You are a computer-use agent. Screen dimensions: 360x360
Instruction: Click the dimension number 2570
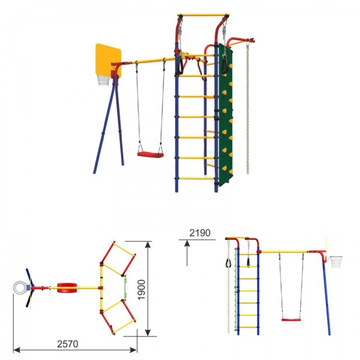tap(67, 344)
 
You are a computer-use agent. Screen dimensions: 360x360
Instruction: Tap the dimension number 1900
tap(142, 290)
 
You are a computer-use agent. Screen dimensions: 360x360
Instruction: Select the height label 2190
tap(200, 233)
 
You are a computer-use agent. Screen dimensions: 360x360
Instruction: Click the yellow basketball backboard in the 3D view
tap(109, 59)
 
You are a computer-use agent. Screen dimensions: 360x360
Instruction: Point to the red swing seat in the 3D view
tap(151, 155)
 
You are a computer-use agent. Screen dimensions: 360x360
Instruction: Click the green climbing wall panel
tap(225, 115)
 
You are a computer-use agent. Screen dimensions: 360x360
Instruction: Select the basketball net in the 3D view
tap(103, 80)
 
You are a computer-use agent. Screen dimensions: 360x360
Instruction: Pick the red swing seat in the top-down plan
tap(67, 287)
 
